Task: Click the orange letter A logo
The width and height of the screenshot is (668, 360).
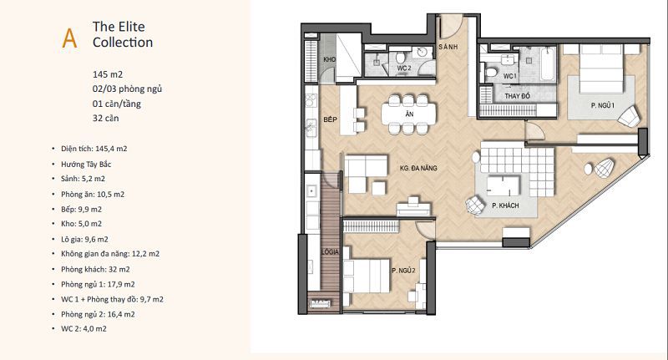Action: point(69,38)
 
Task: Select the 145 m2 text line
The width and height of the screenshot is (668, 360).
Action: point(108,74)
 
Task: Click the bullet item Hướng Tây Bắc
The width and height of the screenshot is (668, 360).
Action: point(86,164)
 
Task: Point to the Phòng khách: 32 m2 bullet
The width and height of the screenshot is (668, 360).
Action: point(95,269)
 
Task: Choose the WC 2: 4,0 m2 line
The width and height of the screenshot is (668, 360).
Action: point(84,328)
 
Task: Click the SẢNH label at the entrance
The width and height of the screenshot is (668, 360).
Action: point(448,47)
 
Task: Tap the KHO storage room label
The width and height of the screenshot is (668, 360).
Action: point(329,59)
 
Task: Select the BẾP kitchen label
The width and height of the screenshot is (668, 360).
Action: point(330,119)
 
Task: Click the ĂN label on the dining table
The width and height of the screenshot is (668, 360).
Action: point(409,114)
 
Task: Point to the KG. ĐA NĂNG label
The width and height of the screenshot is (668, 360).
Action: point(418,168)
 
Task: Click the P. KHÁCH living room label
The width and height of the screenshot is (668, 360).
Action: point(505,205)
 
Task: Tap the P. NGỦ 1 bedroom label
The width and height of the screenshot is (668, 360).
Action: point(602,105)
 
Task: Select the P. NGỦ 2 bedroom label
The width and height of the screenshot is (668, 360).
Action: point(403,270)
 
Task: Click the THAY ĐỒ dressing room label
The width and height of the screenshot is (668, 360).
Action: point(517,96)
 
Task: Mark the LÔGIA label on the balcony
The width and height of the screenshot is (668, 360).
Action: point(330,251)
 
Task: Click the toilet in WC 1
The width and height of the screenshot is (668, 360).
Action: point(491,71)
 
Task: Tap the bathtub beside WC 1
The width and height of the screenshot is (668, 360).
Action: point(549,64)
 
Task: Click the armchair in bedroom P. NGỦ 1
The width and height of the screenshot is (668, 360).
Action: point(629,116)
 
